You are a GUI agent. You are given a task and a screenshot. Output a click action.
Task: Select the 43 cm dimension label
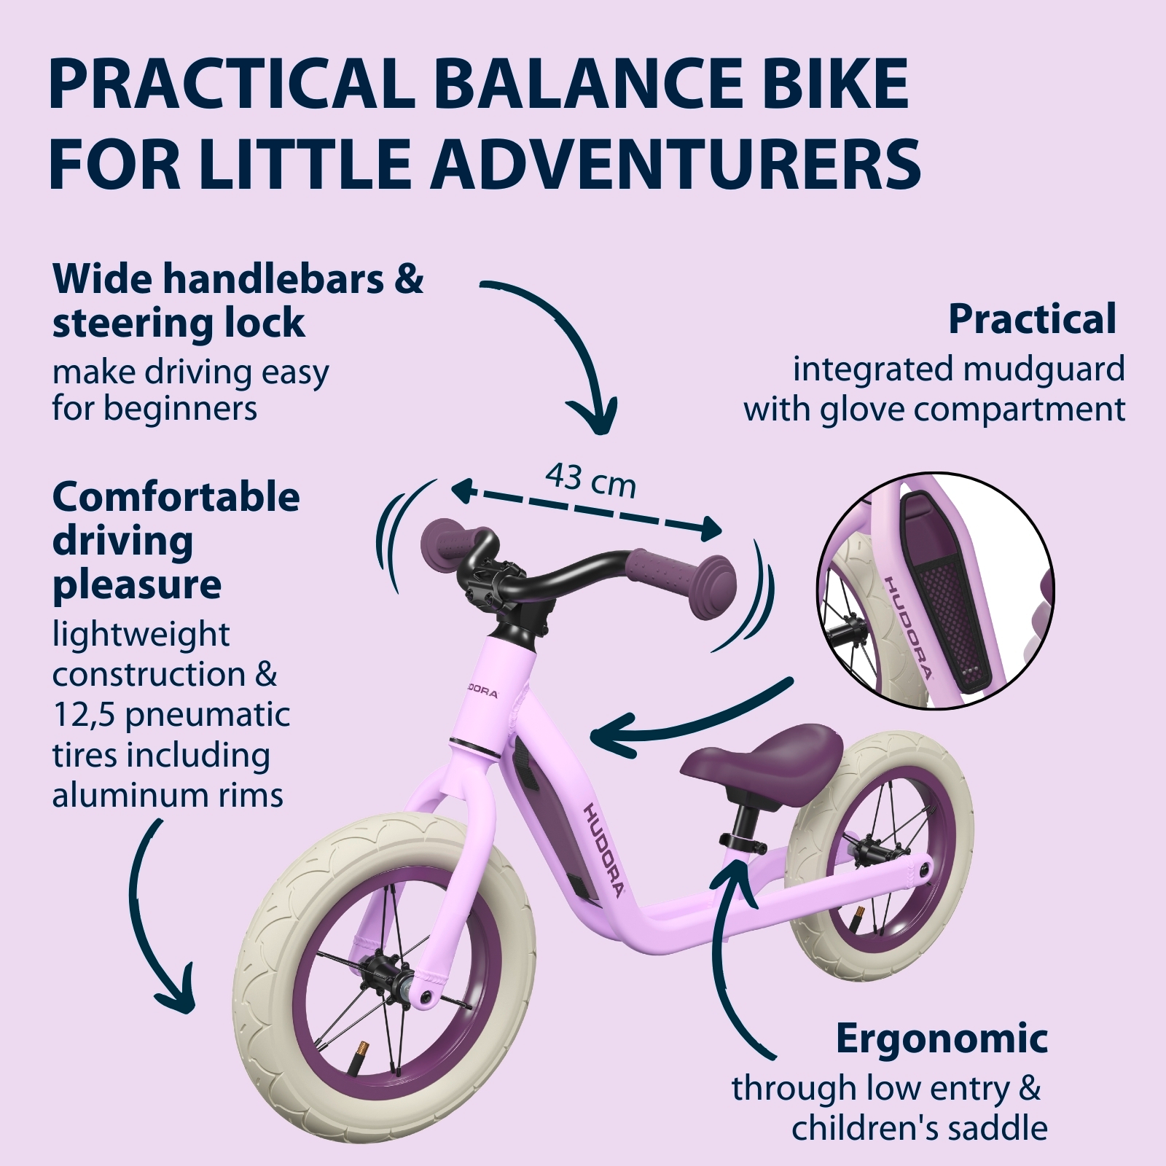point(591,480)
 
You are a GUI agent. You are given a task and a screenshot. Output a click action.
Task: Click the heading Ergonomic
point(942,1039)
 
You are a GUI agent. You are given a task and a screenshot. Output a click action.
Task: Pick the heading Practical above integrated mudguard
point(1032,319)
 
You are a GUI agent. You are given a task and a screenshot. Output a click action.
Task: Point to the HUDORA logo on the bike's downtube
point(603,850)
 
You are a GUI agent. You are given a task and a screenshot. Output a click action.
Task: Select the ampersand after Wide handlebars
point(408,280)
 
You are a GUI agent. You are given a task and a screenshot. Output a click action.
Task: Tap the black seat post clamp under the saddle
point(743,842)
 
